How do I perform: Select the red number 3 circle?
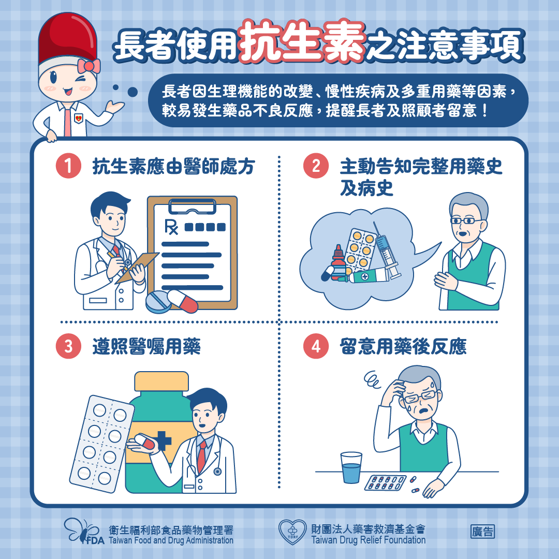68,347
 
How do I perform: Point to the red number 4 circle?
316,347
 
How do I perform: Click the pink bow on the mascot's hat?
88,66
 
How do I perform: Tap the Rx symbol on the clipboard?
171,227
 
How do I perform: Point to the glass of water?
351,468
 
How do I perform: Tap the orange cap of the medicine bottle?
161,381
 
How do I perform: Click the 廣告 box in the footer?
482,532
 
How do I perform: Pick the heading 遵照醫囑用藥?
146,347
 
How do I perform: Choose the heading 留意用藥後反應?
403,347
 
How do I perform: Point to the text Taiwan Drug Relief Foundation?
368,540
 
